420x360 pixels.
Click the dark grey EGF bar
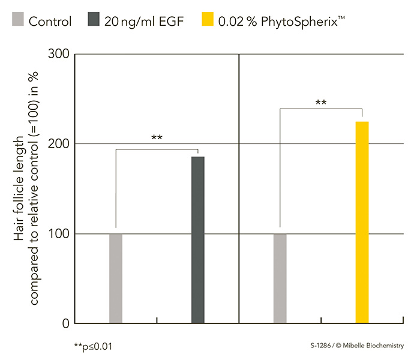pyautogui.click(x=197, y=240)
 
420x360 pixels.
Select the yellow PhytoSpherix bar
pyautogui.click(x=362, y=223)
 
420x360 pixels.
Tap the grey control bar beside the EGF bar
pyautogui.click(x=116, y=278)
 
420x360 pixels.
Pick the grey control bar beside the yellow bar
pyautogui.click(x=280, y=278)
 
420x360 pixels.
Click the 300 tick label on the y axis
pyautogui.click(x=59, y=54)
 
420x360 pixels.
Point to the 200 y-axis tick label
pyautogui.click(x=59, y=144)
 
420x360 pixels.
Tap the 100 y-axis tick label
pyautogui.click(x=59, y=234)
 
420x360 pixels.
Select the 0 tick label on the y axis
pyautogui.click(x=66, y=323)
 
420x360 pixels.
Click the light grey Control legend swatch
pyautogui.click(x=18, y=19)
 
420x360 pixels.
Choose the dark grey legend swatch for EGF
pyautogui.click(x=94, y=19)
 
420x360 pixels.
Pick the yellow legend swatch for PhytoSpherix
pyautogui.click(x=208, y=19)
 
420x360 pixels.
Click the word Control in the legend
pyautogui.click(x=50, y=22)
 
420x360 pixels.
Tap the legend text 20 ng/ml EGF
pyautogui.click(x=144, y=22)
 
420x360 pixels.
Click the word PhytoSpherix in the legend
pyautogui.click(x=299, y=22)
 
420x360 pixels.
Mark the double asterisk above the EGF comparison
pyautogui.click(x=157, y=137)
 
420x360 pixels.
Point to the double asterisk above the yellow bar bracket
pyautogui.click(x=321, y=103)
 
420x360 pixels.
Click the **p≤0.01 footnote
pyautogui.click(x=93, y=346)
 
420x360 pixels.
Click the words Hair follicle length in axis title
pyautogui.click(x=19, y=188)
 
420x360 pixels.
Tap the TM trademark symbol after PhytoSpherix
pyautogui.click(x=341, y=17)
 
